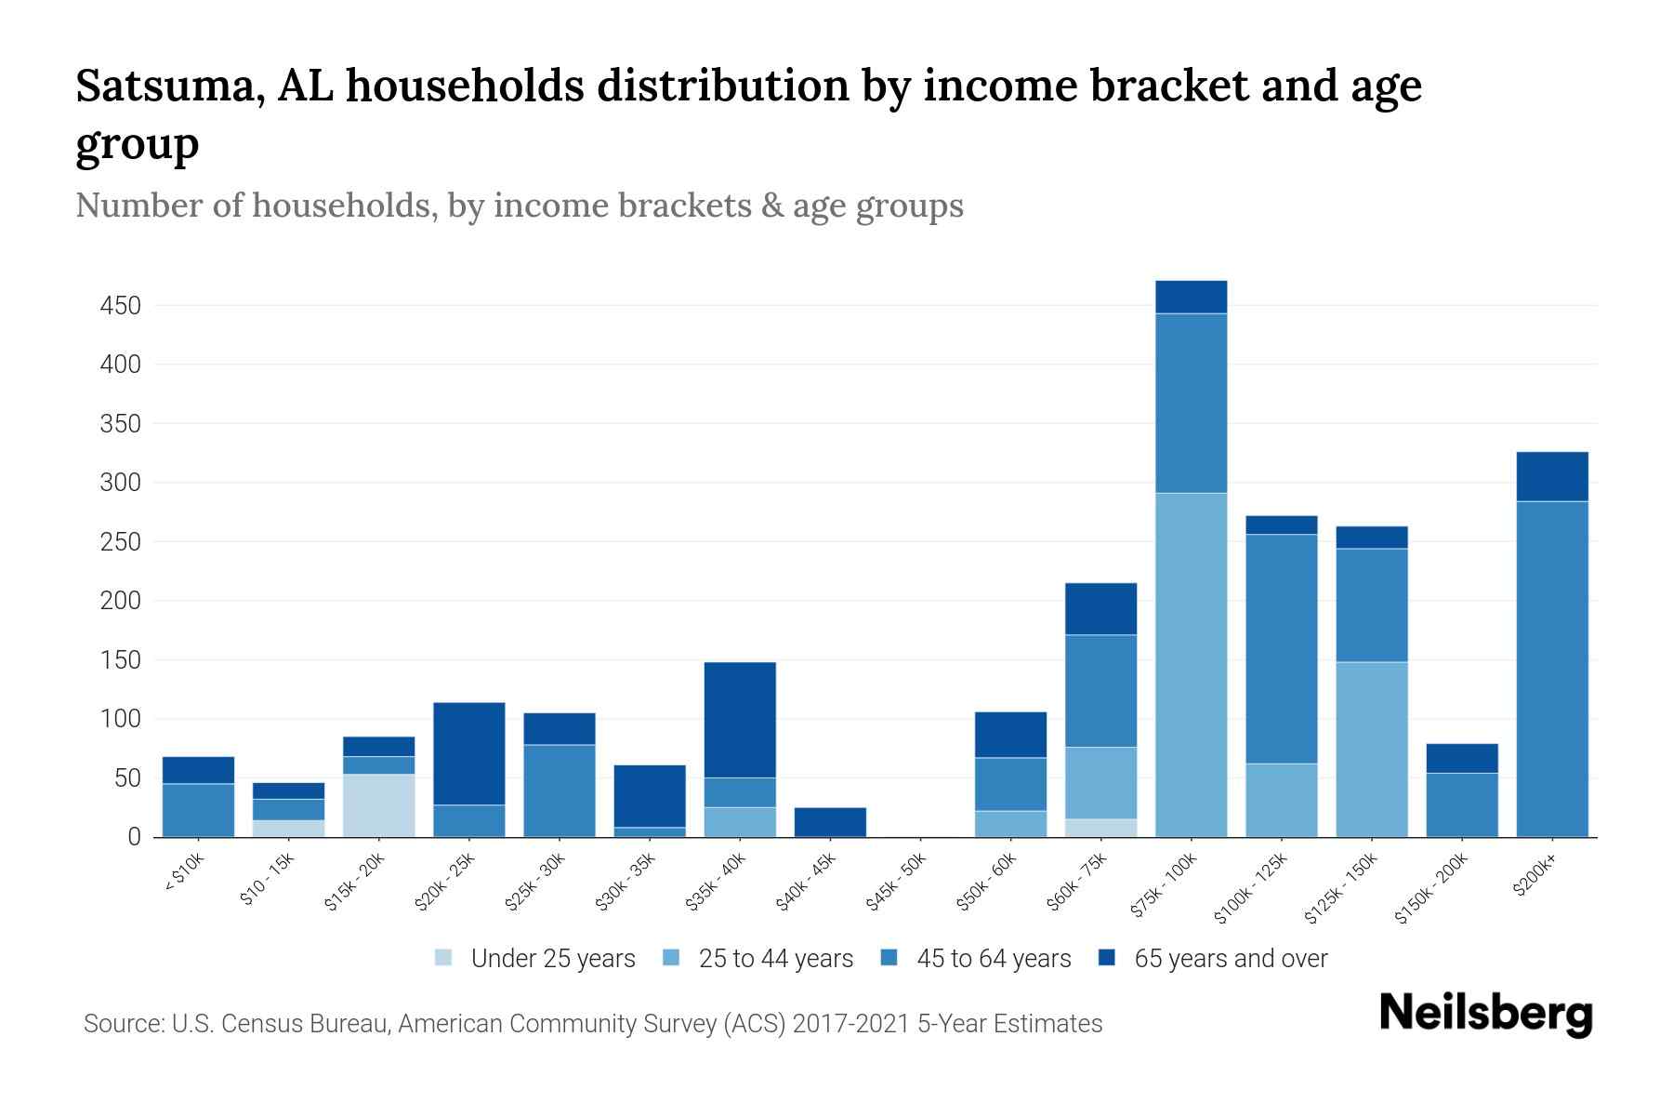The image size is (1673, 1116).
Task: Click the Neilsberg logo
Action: coord(1485,1014)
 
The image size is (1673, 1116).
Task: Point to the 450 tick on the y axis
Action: coord(121,306)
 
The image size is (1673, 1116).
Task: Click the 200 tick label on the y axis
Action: coord(121,602)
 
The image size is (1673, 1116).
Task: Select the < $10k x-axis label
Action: coord(184,874)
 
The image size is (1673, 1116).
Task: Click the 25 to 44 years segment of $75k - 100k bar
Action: coord(1192,665)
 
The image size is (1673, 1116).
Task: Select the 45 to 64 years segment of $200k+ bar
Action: coord(1552,669)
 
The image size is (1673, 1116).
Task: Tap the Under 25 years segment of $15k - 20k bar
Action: coord(379,805)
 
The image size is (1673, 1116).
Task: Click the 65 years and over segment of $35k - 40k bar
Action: coord(740,720)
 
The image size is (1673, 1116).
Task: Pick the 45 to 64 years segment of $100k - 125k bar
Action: coord(1282,649)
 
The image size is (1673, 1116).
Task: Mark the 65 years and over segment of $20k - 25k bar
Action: coord(469,753)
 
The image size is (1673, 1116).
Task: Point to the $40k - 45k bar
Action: coord(830,822)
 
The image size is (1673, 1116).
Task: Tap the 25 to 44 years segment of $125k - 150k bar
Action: coord(1372,750)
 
